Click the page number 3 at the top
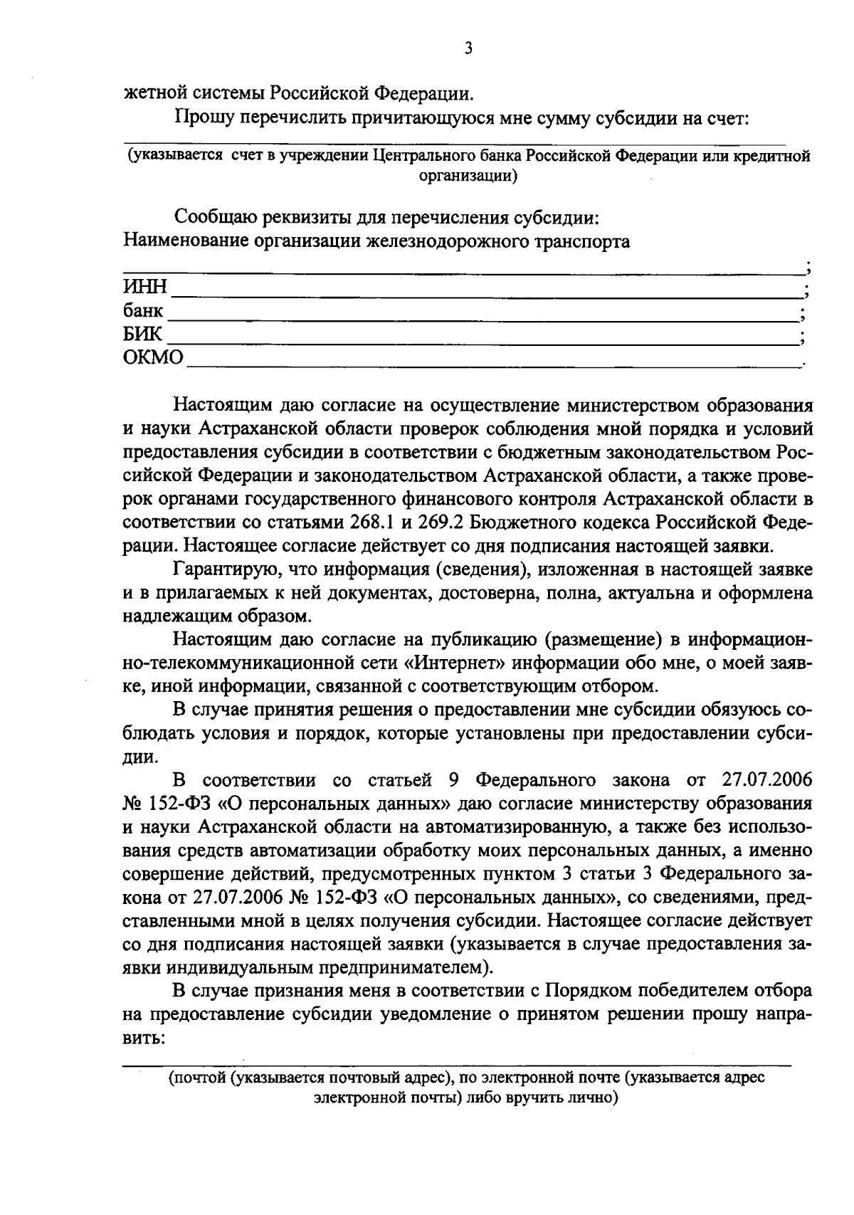[468, 48]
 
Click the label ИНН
[145, 288]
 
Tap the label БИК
[143, 334]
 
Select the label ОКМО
[153, 357]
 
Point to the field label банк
[143, 311]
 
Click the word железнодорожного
[447, 241]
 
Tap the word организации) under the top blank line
[467, 175]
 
